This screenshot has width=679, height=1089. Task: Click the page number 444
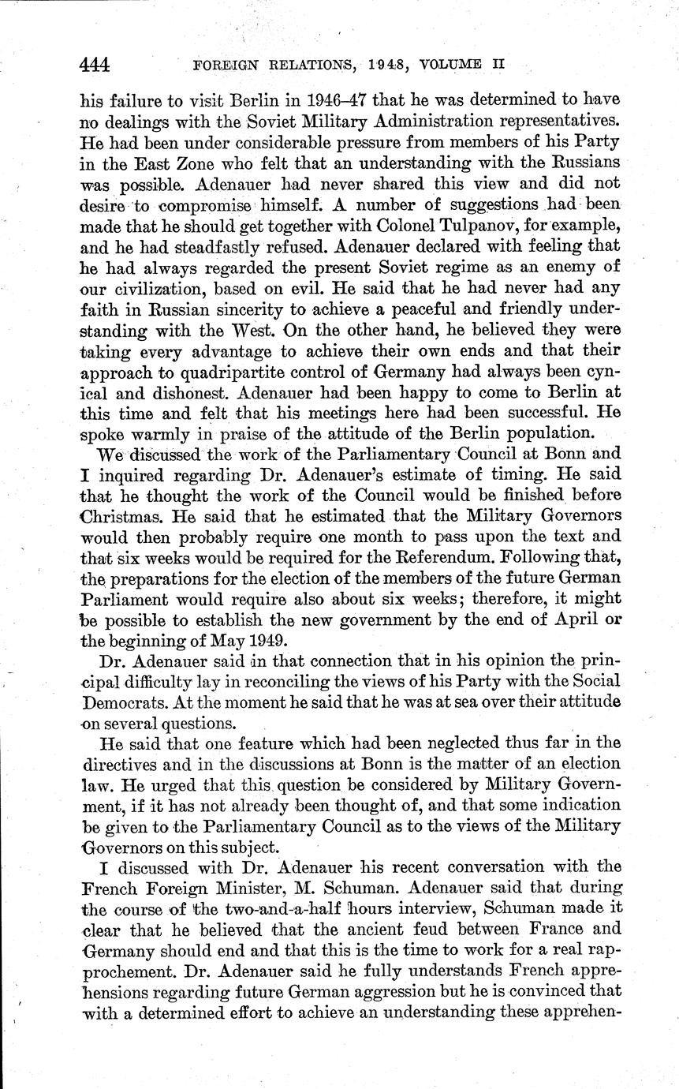[x=95, y=65]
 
